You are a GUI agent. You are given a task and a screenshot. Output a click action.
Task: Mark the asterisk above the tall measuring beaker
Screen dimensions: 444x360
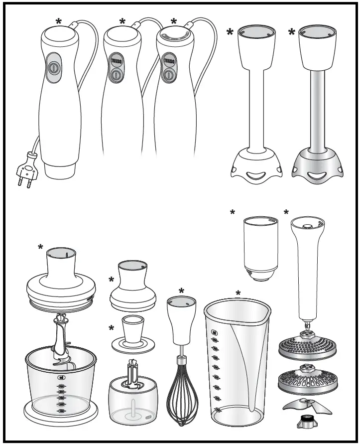tap(238, 294)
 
